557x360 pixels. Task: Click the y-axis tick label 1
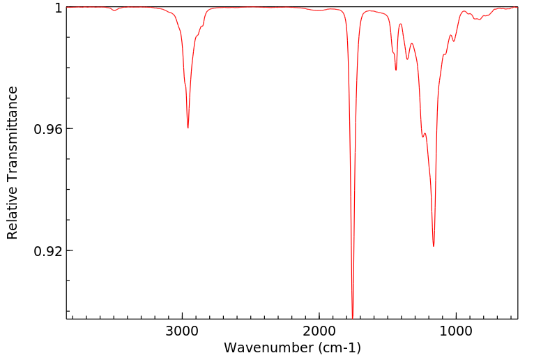tap(59, 8)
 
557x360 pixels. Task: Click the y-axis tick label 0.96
tap(49, 129)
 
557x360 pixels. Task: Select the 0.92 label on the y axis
tap(49, 250)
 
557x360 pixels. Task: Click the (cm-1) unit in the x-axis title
tap(339, 347)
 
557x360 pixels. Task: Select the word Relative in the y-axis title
tap(13, 215)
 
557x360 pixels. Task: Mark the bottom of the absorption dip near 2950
tap(188, 128)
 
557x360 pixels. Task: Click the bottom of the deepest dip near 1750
tap(353, 317)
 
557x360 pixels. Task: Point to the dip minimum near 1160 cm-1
tap(434, 246)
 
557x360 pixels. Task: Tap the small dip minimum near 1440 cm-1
tap(396, 70)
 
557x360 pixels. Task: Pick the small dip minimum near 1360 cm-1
tap(407, 59)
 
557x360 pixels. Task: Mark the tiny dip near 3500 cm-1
tap(114, 10)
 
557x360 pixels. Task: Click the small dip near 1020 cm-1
tap(454, 40)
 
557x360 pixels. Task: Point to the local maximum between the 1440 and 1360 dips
tap(400, 24)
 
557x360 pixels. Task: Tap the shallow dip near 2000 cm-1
tap(318, 11)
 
